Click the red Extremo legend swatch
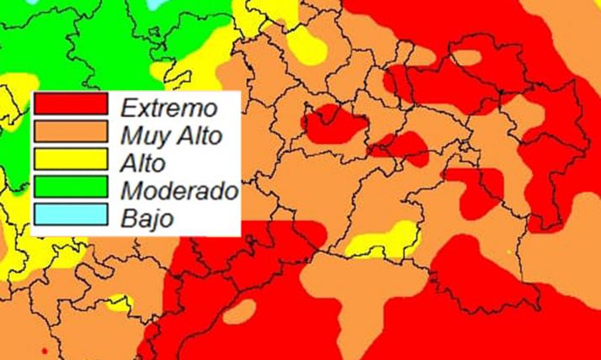(71, 103)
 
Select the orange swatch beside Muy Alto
(71, 131)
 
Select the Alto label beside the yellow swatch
(143, 162)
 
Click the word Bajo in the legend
(146, 219)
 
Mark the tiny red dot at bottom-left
(43, 347)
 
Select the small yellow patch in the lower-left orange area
(120, 301)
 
